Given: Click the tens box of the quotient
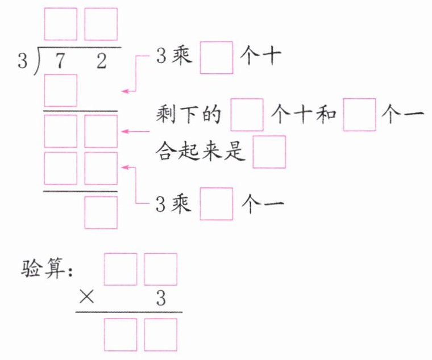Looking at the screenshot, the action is point(60,24).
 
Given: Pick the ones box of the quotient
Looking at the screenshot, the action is point(101,24).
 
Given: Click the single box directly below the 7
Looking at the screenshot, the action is point(60,91).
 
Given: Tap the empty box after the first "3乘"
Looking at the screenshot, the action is point(217,58).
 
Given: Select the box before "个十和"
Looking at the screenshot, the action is point(247,115).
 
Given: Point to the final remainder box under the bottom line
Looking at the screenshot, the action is point(101,212).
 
